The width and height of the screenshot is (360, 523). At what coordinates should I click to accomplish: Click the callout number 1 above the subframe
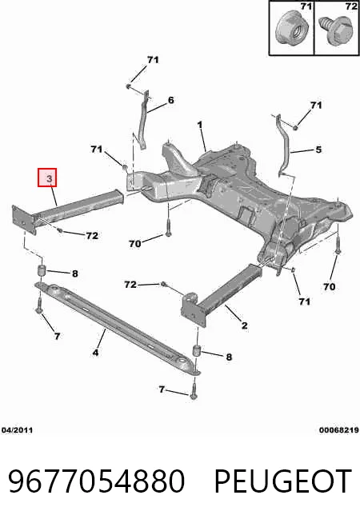pyautogui.click(x=200, y=125)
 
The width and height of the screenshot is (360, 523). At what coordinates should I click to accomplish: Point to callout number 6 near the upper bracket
pyautogui.click(x=171, y=100)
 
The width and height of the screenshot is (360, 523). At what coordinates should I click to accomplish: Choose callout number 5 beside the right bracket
pyautogui.click(x=318, y=149)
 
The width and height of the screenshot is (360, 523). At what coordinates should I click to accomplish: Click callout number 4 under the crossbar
pyautogui.click(x=95, y=352)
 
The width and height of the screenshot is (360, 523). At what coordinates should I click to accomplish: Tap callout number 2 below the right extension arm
pyautogui.click(x=244, y=325)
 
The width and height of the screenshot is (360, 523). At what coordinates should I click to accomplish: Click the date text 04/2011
pyautogui.click(x=17, y=430)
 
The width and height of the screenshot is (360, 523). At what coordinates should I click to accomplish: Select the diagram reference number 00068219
pyautogui.click(x=338, y=430)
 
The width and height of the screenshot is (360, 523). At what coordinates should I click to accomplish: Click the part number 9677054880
pyautogui.click(x=97, y=481)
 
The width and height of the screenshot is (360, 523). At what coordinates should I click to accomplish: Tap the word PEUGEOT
pyautogui.click(x=283, y=481)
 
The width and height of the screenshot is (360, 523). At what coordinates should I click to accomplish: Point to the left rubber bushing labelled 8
pyautogui.click(x=40, y=270)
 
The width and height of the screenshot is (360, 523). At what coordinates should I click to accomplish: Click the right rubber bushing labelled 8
pyautogui.click(x=198, y=352)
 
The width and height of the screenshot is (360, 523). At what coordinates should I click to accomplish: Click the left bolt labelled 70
pyautogui.click(x=168, y=228)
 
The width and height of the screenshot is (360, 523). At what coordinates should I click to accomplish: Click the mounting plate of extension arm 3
pyautogui.click(x=24, y=220)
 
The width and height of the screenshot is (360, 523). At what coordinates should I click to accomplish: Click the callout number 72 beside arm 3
pyautogui.click(x=92, y=235)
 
